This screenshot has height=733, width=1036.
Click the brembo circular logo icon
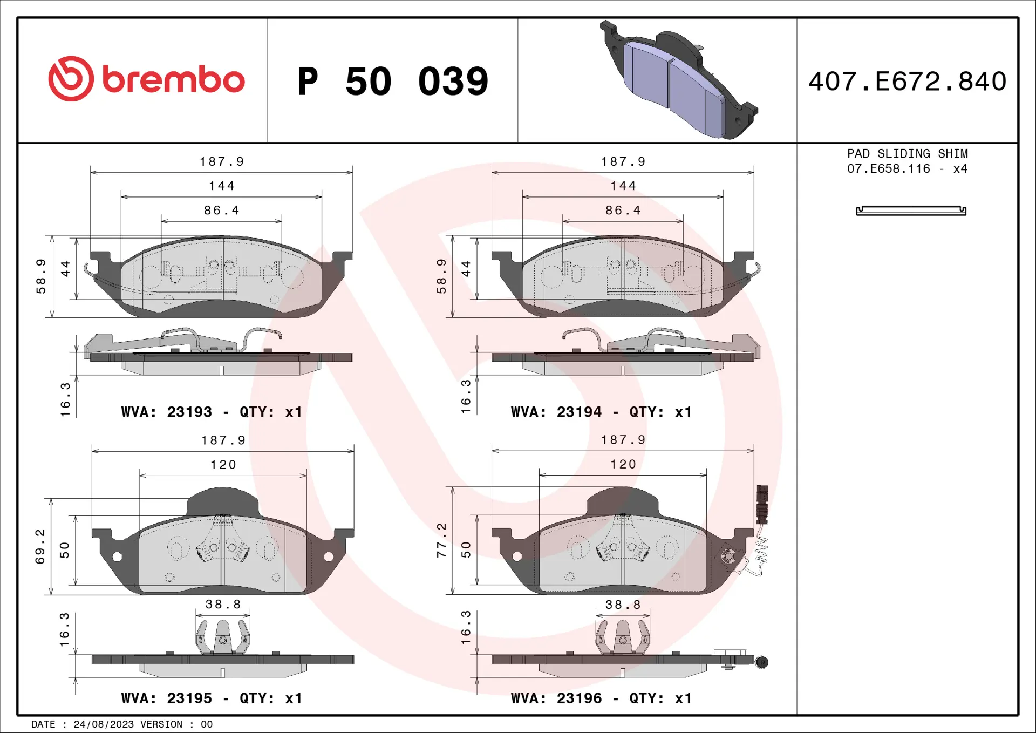[x=71, y=79]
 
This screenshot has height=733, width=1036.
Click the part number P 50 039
[x=393, y=82]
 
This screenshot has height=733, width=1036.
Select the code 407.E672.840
[x=907, y=82]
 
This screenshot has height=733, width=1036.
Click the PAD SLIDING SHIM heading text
[x=907, y=154]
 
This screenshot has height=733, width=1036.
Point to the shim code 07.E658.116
[x=888, y=169]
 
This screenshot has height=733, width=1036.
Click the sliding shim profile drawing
[x=911, y=211]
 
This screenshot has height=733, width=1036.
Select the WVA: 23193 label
[x=167, y=412]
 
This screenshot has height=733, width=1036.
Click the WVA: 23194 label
[x=556, y=412]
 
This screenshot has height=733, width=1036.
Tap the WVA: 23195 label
[x=167, y=698]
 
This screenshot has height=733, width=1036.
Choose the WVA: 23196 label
[x=556, y=698]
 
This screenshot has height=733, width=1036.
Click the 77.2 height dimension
[x=442, y=540]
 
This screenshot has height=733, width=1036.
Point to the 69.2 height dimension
[x=40, y=547]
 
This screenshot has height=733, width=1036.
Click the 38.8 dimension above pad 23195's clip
[x=223, y=605]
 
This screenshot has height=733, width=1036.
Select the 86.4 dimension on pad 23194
[x=623, y=211]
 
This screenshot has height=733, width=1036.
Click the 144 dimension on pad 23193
[x=222, y=186]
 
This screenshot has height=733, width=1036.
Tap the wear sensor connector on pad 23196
[x=762, y=505]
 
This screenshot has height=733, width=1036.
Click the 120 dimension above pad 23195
[x=223, y=465]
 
